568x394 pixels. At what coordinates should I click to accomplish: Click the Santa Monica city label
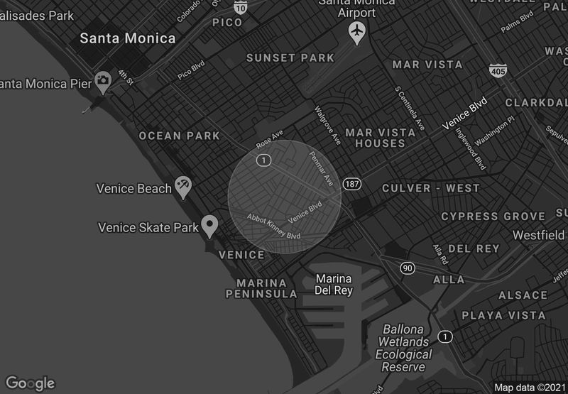point(128,38)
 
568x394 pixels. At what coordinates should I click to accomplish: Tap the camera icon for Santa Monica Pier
point(104,80)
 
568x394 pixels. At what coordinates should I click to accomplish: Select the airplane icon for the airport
point(357,31)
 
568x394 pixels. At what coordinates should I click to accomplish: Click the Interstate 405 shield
point(497,70)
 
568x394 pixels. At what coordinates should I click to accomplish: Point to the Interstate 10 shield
point(240,7)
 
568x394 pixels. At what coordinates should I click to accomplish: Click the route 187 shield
point(351,184)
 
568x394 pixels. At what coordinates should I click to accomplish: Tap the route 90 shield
point(407,268)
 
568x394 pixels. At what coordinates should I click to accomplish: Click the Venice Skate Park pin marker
point(209,226)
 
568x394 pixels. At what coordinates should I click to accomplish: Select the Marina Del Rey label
point(334,285)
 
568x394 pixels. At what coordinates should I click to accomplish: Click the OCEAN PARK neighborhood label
point(170,136)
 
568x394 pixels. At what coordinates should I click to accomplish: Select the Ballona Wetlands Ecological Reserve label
point(403,348)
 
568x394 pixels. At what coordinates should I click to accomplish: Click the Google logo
point(30,383)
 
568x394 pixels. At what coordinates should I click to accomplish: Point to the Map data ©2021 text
point(530,388)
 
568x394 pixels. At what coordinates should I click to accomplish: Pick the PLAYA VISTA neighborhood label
point(503,315)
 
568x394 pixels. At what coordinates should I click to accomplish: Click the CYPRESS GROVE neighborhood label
point(493,216)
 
